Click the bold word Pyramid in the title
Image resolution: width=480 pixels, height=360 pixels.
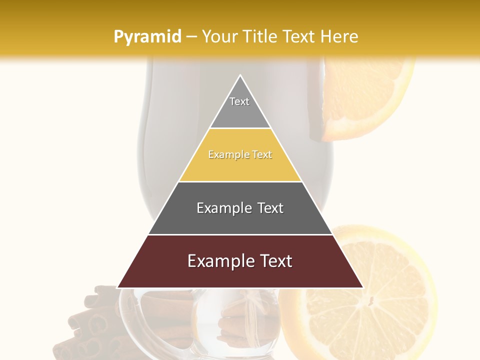pos(147,37)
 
